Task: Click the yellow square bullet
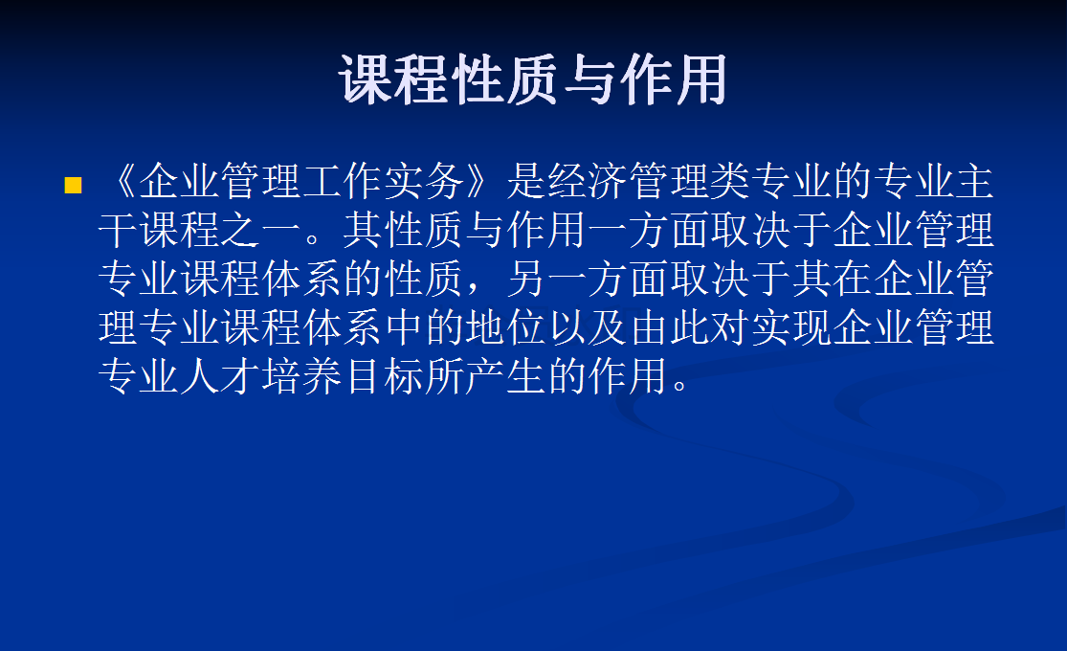tap(73, 185)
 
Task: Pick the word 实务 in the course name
tap(425, 181)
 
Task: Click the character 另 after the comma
tap(526, 280)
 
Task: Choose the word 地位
tap(506, 328)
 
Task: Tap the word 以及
tap(588, 328)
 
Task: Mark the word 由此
tap(670, 328)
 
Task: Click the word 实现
tap(792, 328)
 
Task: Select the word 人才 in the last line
tap(220, 377)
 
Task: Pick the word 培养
tap(302, 377)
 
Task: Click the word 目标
tap(384, 377)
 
